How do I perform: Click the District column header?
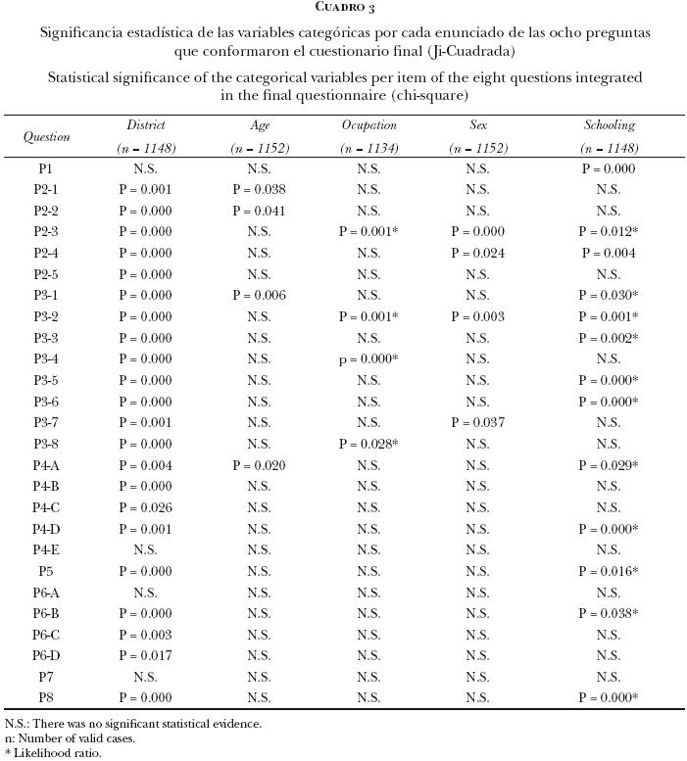[x=145, y=125]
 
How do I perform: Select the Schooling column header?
[x=609, y=125]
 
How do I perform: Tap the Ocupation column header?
[x=368, y=125]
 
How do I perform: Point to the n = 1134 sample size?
[x=368, y=149]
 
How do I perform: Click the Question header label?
[x=46, y=137]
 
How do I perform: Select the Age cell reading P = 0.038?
[x=259, y=190]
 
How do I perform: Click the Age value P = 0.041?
[x=259, y=211]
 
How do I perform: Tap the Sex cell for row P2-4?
[x=477, y=253]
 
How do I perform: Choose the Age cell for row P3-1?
[x=259, y=296]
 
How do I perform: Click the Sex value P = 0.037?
[x=477, y=422]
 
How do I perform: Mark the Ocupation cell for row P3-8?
[x=368, y=444]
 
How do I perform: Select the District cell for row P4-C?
[x=145, y=507]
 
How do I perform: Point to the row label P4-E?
[x=46, y=549]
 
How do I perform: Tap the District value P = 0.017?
[x=145, y=655]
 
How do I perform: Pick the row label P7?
[x=46, y=677]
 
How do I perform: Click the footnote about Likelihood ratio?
[x=53, y=753]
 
